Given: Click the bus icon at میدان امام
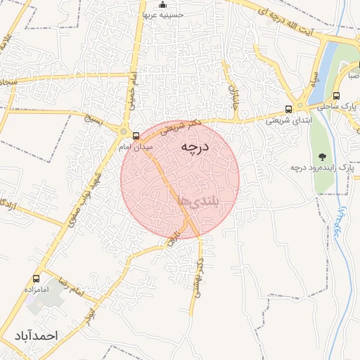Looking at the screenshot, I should point(136,136).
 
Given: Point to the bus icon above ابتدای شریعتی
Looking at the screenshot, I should point(289,109).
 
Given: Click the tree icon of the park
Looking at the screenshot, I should point(323,156).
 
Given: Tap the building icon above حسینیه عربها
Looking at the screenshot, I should point(162,5).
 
